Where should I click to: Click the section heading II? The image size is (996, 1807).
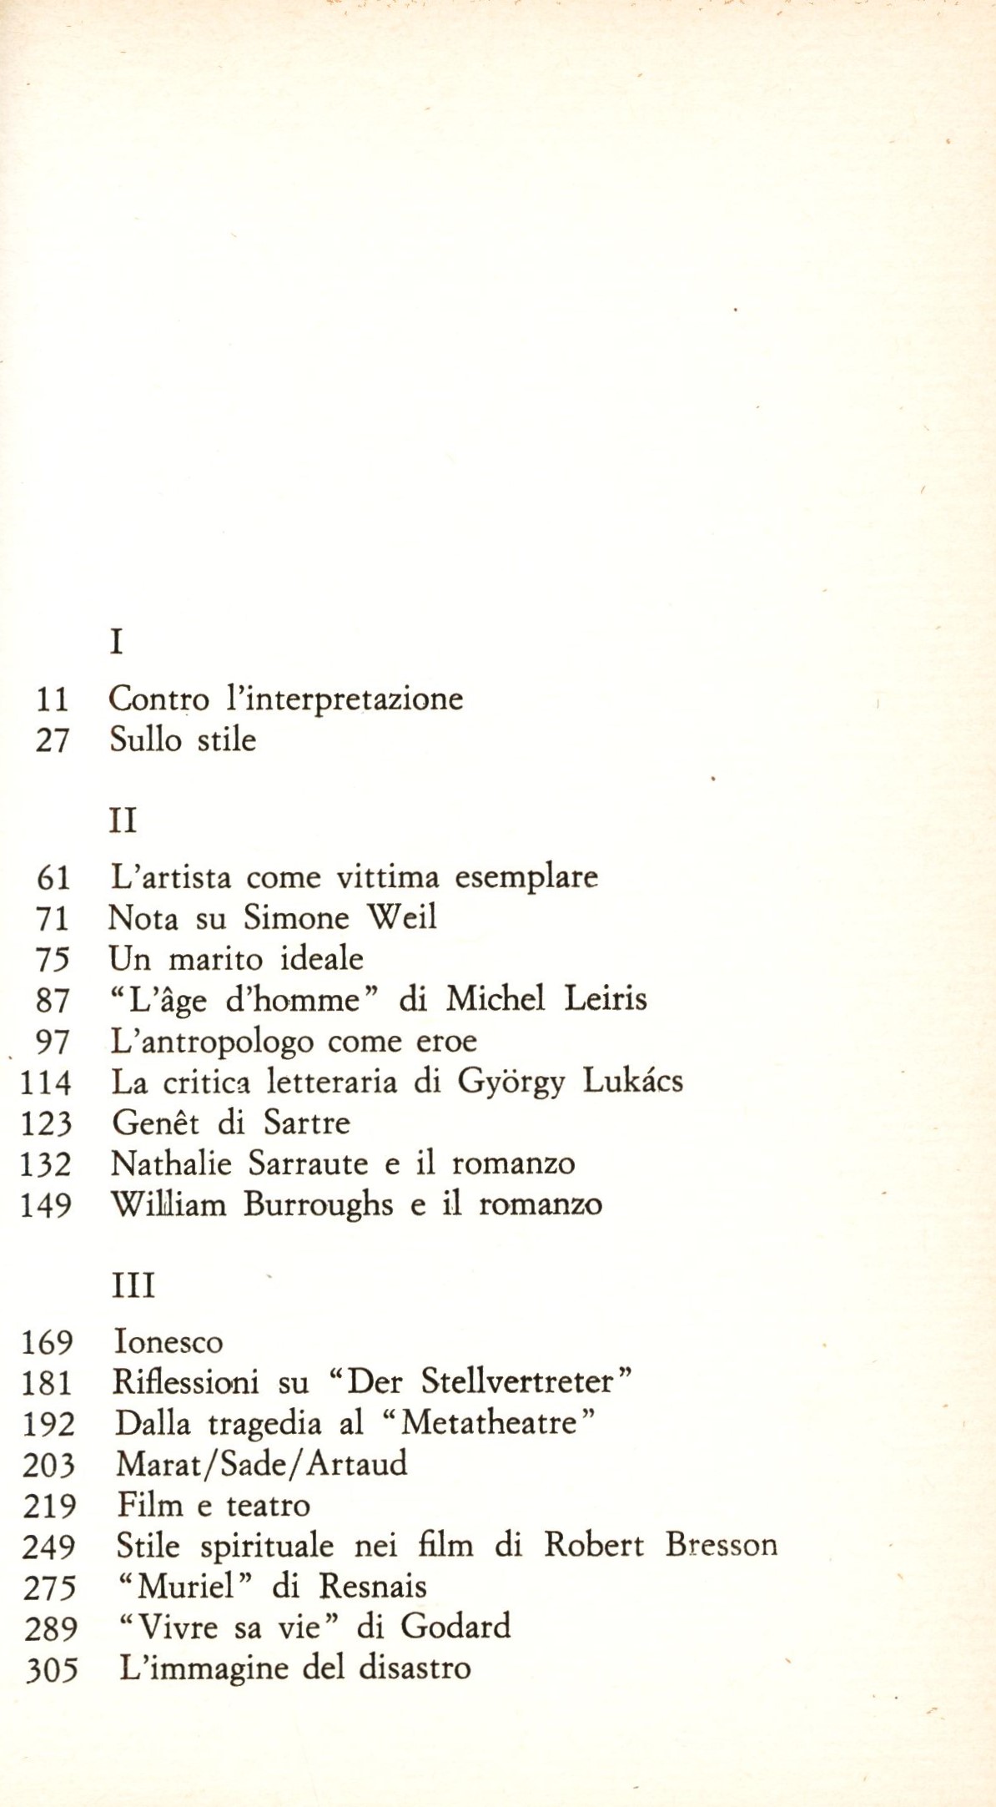(123, 820)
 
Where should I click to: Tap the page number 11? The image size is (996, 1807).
(52, 699)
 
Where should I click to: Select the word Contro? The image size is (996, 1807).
(158, 699)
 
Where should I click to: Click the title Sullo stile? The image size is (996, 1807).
(183, 739)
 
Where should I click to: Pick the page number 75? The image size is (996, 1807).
(52, 959)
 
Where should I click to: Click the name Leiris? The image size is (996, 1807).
(606, 999)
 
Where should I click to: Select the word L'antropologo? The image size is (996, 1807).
(212, 1042)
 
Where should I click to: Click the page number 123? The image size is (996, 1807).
(47, 1123)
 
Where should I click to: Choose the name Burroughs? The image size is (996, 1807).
(318, 1205)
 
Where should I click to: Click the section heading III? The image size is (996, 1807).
(133, 1285)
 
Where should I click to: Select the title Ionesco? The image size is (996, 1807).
(169, 1342)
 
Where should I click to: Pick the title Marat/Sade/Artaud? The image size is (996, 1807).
(261, 1464)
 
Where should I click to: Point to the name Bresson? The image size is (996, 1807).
(721, 1545)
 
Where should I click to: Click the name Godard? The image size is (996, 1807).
(455, 1627)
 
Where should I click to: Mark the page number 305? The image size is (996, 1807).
(52, 1669)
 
